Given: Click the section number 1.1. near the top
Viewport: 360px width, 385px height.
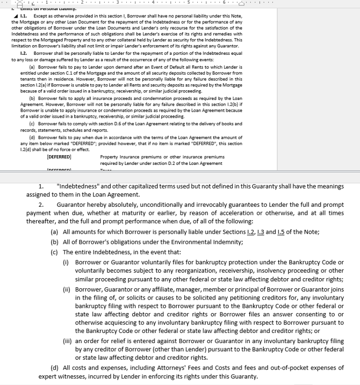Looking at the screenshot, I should tap(24, 16).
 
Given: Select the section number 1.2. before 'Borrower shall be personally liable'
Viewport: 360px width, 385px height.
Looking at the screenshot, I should tap(24, 54).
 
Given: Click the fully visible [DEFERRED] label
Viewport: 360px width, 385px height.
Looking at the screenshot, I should tap(59, 157).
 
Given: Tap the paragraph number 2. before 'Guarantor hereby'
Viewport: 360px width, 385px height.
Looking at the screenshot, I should tap(41, 205).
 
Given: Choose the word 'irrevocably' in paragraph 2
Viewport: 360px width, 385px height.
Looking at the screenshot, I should tap(210, 205).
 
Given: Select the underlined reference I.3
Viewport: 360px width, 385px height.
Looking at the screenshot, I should tap(261, 232).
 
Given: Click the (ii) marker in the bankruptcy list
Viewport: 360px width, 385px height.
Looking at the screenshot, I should tap(67, 289).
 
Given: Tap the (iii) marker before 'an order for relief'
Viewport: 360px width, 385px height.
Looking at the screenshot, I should tap(68, 341).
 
